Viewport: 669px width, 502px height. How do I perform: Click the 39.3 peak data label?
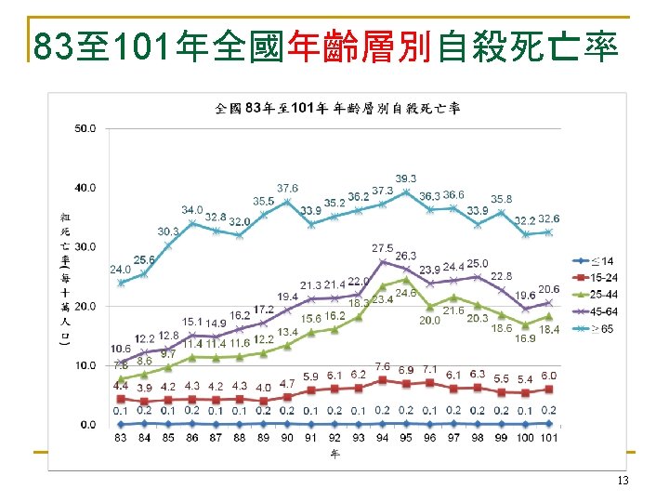click(406, 178)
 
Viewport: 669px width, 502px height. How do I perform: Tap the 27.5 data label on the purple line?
click(382, 248)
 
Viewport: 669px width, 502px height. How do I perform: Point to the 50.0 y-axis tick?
click(85, 128)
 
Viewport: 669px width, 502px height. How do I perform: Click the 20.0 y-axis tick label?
click(85, 306)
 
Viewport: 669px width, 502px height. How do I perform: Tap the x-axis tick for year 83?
click(121, 437)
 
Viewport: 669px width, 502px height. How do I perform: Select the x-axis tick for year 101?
click(549, 437)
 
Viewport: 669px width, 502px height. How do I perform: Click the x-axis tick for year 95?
click(406, 437)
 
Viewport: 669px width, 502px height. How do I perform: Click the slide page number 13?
click(623, 480)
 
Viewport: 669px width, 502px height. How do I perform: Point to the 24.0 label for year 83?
click(121, 270)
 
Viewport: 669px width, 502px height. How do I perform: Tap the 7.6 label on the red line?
click(382, 367)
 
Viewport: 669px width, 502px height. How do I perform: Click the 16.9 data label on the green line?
click(526, 338)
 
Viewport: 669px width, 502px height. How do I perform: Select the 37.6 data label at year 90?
click(287, 189)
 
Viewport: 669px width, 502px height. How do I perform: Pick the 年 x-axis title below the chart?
click(334, 455)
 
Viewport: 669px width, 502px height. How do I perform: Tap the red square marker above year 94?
click(382, 380)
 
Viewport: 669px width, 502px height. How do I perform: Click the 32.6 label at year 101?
click(549, 218)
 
